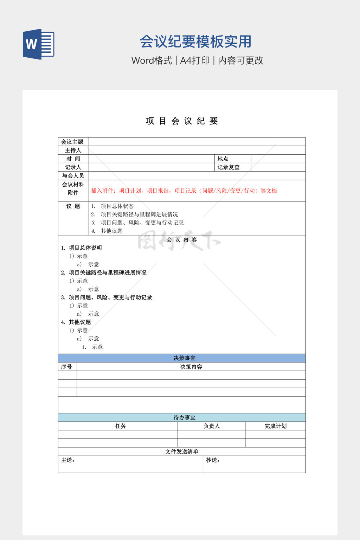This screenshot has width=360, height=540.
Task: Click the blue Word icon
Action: pos(38,44)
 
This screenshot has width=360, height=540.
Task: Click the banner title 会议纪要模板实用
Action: pos(195,41)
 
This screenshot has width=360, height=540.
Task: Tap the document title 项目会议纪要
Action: pos(182,121)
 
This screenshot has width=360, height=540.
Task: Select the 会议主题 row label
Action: pos(72,142)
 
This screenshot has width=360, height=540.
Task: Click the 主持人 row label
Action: pos(73,150)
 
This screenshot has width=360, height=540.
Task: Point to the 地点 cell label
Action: pos(223,159)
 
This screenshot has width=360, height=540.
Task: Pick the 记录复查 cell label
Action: pos(229,167)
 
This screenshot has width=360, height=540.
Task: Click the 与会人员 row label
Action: pos(73,175)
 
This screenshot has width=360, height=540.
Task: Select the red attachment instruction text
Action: pos(184,191)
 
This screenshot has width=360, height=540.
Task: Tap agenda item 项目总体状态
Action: pos(117,206)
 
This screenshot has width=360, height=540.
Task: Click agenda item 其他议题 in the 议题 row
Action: pos(111,231)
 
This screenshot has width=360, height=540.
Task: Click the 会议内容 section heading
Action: pos(182,239)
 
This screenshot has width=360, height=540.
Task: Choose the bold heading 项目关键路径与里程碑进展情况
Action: pos(107,272)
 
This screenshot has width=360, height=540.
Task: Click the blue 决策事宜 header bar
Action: pos(182,358)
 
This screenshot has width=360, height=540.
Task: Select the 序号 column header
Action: pos(66,367)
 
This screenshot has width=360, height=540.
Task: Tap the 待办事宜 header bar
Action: pos(182,417)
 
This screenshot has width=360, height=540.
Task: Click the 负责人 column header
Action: pos(212,426)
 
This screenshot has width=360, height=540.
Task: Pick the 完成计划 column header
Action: pos(276,426)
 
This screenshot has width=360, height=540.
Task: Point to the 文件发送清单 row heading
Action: pos(182,451)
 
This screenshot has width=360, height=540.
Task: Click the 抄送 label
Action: pos(212,460)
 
